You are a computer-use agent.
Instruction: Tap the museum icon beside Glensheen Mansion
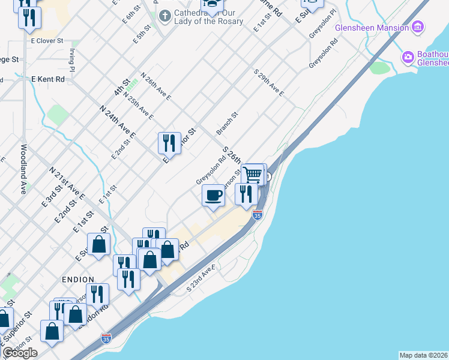pyautogui.click(x=419, y=28)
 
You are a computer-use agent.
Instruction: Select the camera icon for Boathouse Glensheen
pyautogui.click(x=409, y=58)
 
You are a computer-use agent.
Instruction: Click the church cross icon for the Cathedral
pyautogui.click(x=166, y=14)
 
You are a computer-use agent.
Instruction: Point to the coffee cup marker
pyautogui.click(x=213, y=196)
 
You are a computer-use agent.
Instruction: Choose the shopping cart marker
pyautogui.click(x=254, y=175)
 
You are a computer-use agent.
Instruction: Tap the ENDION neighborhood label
pyautogui.click(x=77, y=280)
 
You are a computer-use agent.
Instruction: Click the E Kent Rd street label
pyautogui.click(x=47, y=79)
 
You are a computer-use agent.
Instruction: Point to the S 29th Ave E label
pyautogui.click(x=269, y=83)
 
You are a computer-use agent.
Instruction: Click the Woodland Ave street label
pyautogui.click(x=24, y=169)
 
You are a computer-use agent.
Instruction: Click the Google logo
pyautogui.click(x=20, y=353)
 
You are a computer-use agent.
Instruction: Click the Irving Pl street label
pyautogui.click(x=72, y=60)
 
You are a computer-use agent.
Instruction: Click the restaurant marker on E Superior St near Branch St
pyautogui.click(x=169, y=143)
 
